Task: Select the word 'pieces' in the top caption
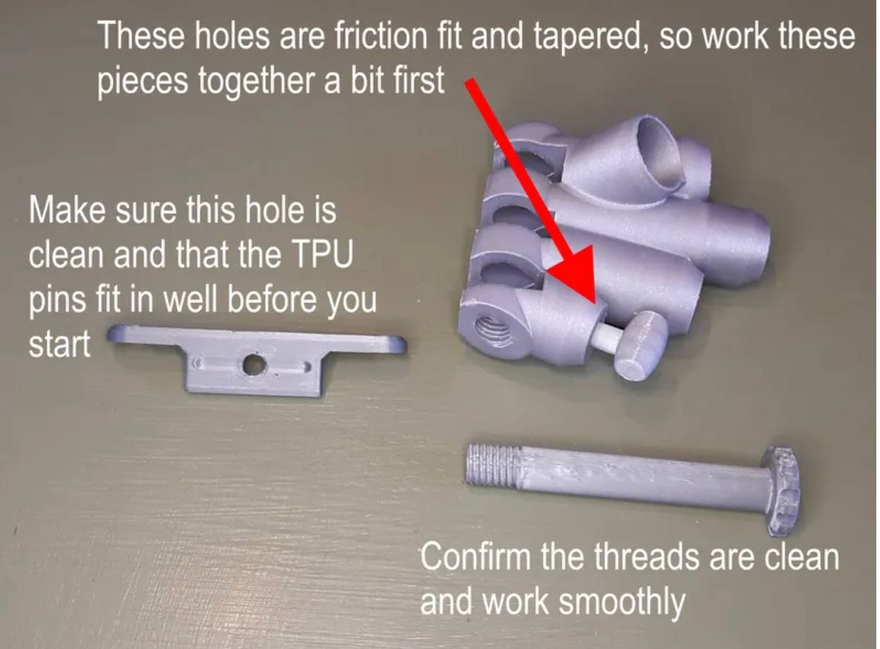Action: (143, 82)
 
